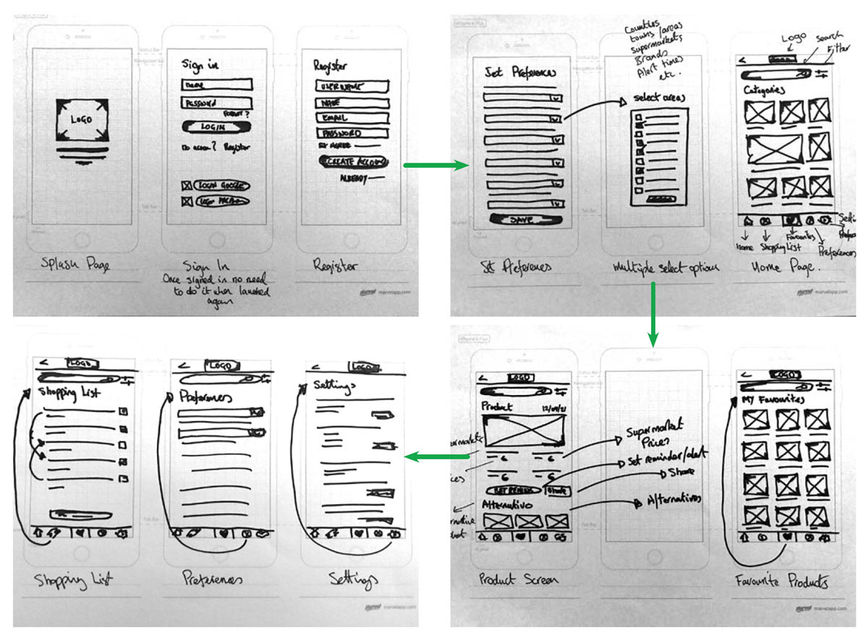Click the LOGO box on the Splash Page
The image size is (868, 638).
click(x=81, y=119)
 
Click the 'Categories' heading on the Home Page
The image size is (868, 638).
click(x=763, y=90)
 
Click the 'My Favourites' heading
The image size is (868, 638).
click(x=773, y=399)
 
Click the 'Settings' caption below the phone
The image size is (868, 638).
click(x=353, y=579)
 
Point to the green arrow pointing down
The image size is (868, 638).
click(x=652, y=312)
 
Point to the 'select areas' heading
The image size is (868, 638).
click(x=658, y=98)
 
